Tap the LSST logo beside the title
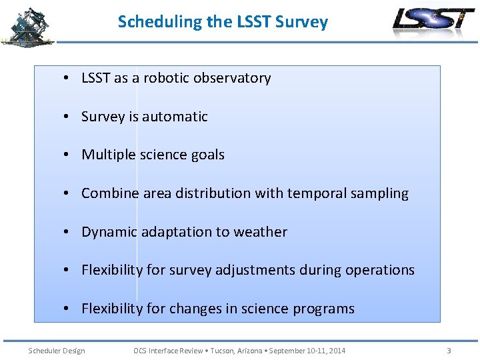click(x=433, y=22)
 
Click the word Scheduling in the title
click(x=160, y=22)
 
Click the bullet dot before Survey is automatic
click(x=68, y=117)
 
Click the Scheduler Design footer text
click(x=56, y=351)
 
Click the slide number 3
click(x=449, y=351)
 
